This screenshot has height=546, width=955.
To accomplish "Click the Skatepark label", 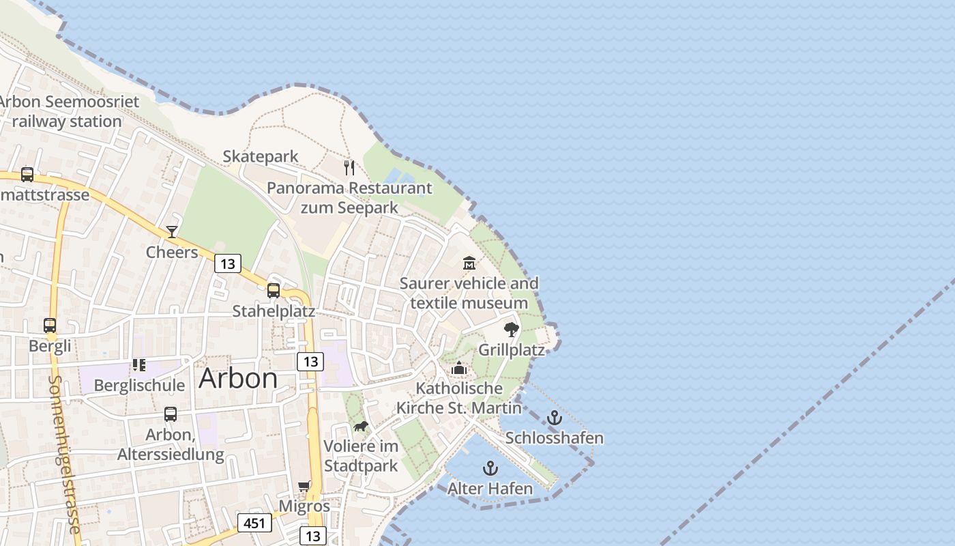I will click(261, 156).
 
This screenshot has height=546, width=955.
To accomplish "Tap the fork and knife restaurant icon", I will click(349, 168).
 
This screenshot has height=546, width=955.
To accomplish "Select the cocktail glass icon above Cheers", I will click(172, 232).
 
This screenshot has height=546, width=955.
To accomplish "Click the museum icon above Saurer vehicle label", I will click(469, 263).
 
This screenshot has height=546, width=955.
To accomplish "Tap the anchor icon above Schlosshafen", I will click(555, 418).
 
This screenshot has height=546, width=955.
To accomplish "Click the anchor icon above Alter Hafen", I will click(490, 468).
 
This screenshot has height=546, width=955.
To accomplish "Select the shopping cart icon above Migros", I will click(304, 487).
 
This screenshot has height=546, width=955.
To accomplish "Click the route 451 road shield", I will click(254, 523).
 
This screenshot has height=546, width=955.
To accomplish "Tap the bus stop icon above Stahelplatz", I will click(274, 291).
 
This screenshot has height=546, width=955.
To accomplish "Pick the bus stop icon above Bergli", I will click(50, 326).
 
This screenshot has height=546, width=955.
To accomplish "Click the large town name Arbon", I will click(238, 378).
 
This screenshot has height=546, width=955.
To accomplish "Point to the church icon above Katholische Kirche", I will click(459, 369).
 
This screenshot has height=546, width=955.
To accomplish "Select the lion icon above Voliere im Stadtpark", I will click(360, 427).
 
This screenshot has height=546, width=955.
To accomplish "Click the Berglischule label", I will click(139, 385).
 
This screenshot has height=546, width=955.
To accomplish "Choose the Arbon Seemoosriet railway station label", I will click(68, 111).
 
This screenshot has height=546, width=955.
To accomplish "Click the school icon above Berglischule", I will click(139, 365).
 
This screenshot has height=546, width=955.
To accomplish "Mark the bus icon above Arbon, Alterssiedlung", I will click(171, 414).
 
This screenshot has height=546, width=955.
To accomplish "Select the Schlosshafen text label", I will click(555, 437).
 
